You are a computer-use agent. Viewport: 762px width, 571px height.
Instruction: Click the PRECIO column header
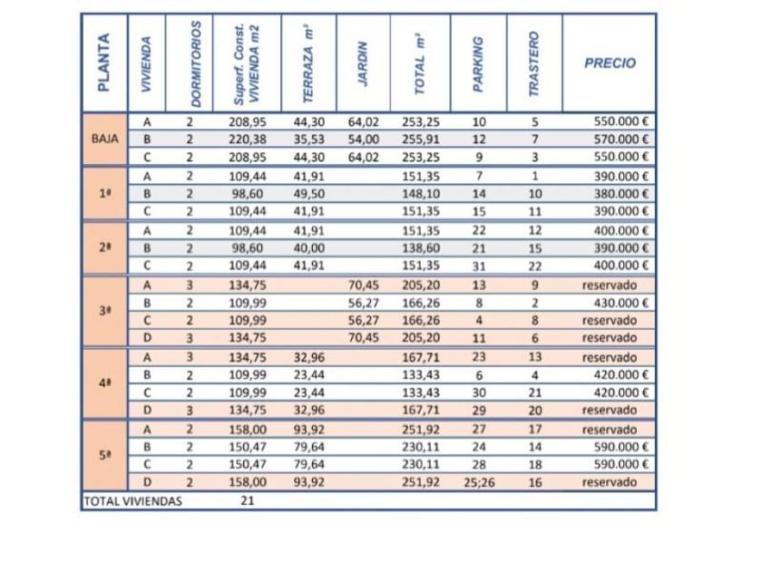610,63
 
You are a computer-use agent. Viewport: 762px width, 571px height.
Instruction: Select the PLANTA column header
103,63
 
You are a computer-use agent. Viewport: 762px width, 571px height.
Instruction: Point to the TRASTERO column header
534,63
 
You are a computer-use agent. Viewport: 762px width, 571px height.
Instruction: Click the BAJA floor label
105,140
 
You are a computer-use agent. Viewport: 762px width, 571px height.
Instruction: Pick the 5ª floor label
105,456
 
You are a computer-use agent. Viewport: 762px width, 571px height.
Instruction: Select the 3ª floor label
105,311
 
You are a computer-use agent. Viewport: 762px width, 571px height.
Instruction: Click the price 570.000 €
620,140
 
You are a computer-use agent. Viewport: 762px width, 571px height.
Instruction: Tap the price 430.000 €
620,303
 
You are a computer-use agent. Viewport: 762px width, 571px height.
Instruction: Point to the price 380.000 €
620,194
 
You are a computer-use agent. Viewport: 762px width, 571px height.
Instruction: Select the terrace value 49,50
308,194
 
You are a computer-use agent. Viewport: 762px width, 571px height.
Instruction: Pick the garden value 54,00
363,140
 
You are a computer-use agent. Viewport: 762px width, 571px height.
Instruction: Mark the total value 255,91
421,140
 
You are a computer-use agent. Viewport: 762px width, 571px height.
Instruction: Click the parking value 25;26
479,482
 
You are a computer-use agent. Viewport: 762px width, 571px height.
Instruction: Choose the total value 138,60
421,248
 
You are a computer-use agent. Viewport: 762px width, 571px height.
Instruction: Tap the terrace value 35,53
308,140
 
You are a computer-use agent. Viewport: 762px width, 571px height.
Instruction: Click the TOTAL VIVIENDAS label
132,500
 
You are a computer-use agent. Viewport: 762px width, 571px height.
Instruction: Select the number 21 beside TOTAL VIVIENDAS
248,500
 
